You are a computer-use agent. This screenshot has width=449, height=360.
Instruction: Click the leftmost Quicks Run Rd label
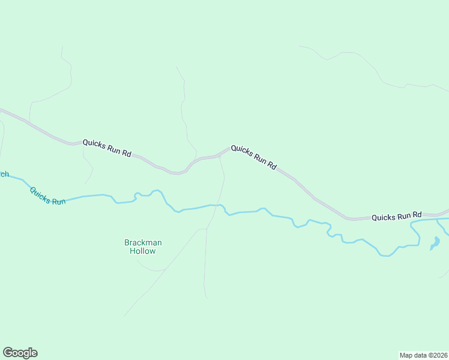(107, 148)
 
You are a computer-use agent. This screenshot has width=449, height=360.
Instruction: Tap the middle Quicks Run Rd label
(254, 157)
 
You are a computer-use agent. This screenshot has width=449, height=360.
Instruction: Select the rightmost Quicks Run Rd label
(396, 216)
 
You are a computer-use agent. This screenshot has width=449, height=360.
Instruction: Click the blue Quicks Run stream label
(47, 196)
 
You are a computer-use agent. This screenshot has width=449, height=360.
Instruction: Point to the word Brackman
(143, 242)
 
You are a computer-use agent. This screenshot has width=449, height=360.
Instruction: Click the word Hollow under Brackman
(143, 251)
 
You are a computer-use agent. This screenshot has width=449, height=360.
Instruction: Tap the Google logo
(20, 353)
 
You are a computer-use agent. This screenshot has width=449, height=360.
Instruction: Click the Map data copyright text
(423, 355)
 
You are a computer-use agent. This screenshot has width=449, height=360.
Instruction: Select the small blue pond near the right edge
(435, 244)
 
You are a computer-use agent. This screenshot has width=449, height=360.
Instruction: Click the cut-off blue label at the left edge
(4, 174)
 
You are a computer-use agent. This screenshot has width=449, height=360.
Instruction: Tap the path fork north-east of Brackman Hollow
(206, 229)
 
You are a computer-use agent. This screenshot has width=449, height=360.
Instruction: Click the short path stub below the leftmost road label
(89, 168)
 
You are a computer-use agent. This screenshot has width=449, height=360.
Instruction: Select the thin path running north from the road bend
(183, 108)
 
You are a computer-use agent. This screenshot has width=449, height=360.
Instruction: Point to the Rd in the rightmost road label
(417, 214)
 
